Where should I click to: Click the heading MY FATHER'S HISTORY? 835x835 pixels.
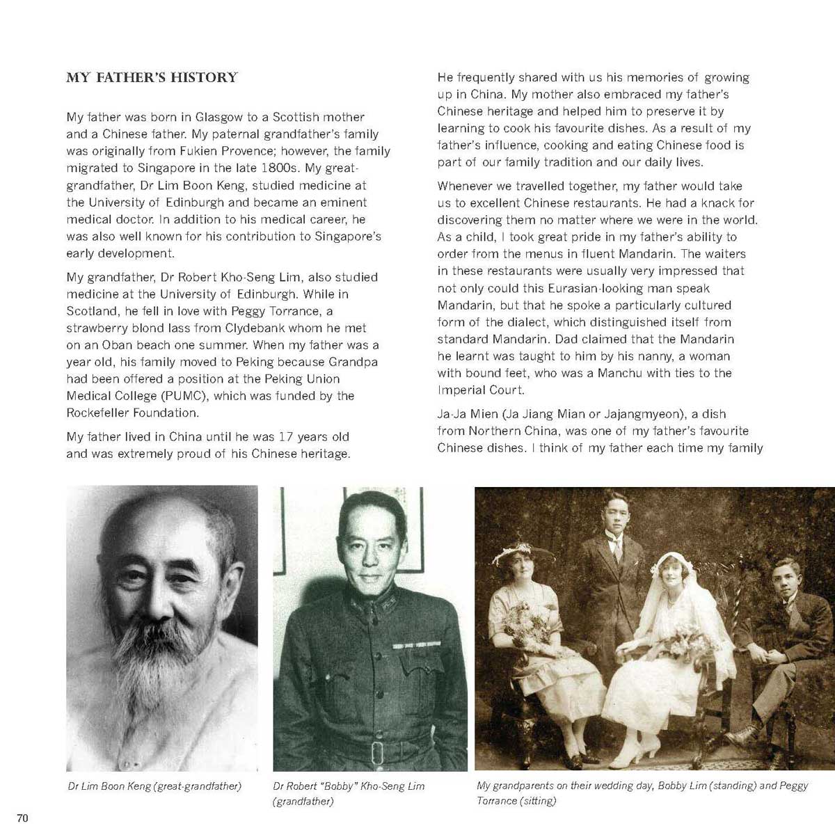pyautogui.click(x=152, y=77)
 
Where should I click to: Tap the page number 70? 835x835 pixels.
pyautogui.click(x=22, y=818)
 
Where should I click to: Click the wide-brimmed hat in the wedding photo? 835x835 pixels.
pyautogui.click(x=523, y=553)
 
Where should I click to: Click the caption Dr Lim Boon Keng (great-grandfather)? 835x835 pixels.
pyautogui.click(x=154, y=786)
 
